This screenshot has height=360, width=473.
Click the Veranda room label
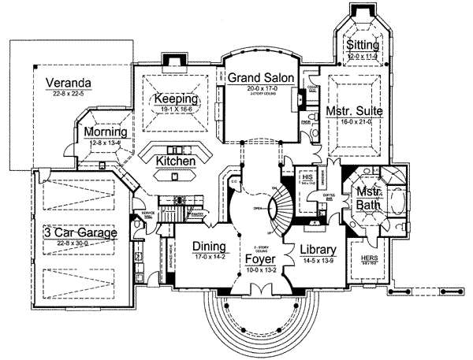pyautogui.click(x=69, y=82)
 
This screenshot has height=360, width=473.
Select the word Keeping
pyautogui.click(x=174, y=100)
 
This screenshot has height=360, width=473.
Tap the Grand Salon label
pyautogui.click(x=261, y=77)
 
